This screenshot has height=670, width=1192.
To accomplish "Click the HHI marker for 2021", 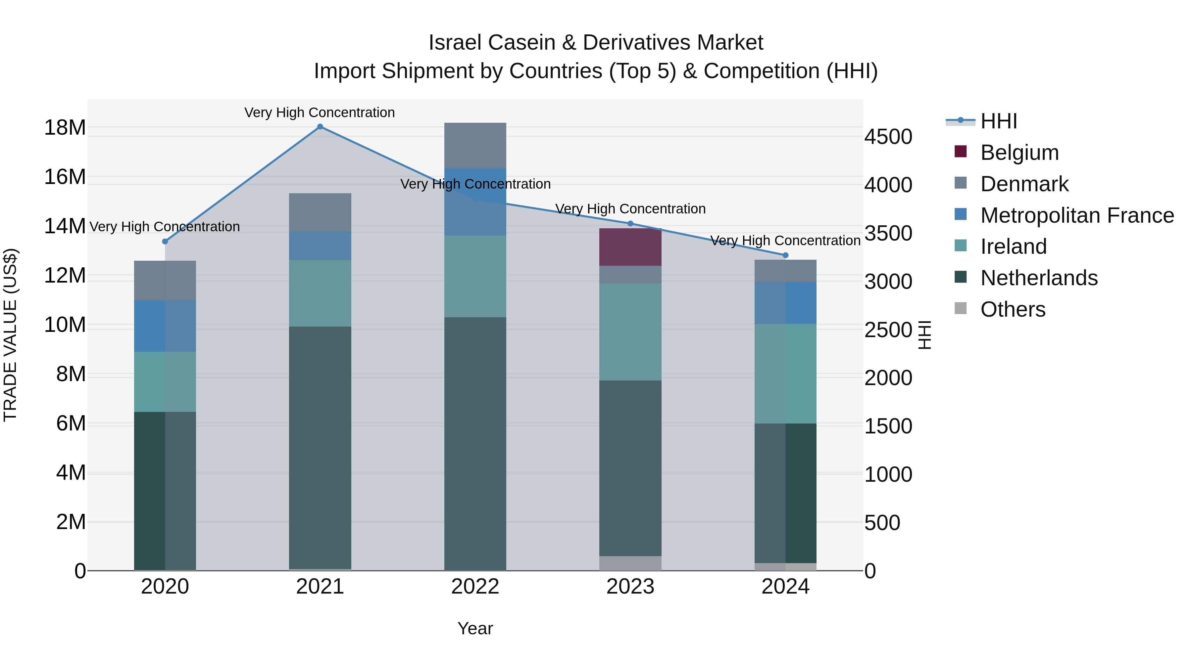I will pos(320,127).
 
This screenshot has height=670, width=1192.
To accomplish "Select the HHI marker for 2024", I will pos(785,255).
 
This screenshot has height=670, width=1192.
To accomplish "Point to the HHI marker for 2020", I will pos(165,242).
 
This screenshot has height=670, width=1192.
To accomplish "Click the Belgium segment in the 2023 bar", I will pos(630,247).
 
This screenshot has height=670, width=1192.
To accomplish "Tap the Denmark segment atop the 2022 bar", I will pos(475,145).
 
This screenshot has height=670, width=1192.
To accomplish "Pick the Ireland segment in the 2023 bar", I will pos(630,332).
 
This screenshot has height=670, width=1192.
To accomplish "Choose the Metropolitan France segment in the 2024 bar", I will pos(785,303).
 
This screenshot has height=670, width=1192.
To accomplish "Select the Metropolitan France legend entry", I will pos(1077,215).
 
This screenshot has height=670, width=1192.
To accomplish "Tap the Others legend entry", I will pos(1013,309).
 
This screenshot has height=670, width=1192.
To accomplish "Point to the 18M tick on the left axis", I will pos(65,128).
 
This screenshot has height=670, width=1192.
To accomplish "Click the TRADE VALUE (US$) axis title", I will pos(10,335).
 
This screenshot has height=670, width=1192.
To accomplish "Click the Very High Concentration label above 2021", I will pos(320,112).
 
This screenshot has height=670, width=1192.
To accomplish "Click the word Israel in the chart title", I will pos(456,43).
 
